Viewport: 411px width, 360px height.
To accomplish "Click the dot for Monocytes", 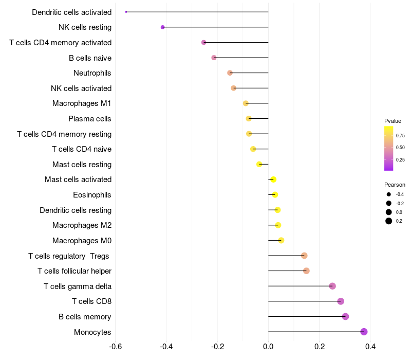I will click(x=364, y=332).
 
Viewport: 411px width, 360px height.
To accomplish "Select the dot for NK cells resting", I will click(x=163, y=27).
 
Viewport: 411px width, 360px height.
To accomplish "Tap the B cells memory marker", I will click(x=345, y=316).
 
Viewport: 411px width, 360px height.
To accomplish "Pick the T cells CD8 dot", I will click(x=341, y=301).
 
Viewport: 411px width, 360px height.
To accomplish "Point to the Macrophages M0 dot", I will click(x=281, y=240).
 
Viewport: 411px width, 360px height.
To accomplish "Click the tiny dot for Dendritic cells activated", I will click(x=126, y=12).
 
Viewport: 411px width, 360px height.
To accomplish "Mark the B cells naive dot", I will click(x=214, y=58).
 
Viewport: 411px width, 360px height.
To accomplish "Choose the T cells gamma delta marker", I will click(x=332, y=286).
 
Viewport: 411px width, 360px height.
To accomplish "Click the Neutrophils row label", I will click(x=92, y=73).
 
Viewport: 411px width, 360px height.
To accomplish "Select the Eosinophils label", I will click(x=92, y=195).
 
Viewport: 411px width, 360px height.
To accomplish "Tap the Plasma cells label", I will click(x=90, y=119).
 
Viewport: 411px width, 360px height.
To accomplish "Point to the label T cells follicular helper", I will click(x=74, y=271).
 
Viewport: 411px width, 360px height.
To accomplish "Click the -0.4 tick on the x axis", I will click(x=166, y=347).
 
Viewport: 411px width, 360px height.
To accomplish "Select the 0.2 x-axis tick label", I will click(x=319, y=347).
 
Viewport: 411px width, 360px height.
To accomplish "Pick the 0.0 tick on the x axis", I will click(x=268, y=347).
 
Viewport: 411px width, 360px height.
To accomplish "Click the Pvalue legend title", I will click(x=393, y=121).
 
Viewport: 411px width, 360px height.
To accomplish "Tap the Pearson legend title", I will click(x=395, y=185).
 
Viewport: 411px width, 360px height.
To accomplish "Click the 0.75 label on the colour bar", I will click(x=400, y=136).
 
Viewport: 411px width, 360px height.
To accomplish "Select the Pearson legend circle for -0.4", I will click(x=389, y=194).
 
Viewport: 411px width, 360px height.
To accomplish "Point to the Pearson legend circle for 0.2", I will click(x=389, y=221).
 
